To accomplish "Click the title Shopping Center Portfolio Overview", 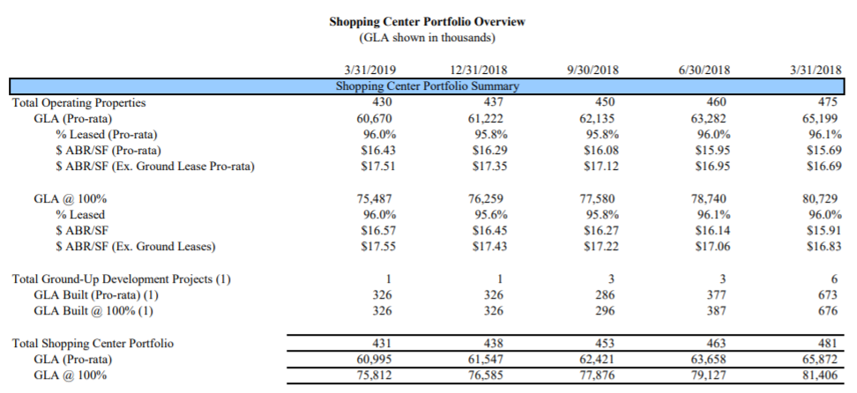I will coord(428,20).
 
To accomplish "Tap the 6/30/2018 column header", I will coord(702,70).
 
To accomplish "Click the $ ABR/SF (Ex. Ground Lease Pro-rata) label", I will coord(154,166).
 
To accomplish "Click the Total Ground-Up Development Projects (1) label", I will coord(121,278).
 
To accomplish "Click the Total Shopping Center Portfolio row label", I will coord(92,343).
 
